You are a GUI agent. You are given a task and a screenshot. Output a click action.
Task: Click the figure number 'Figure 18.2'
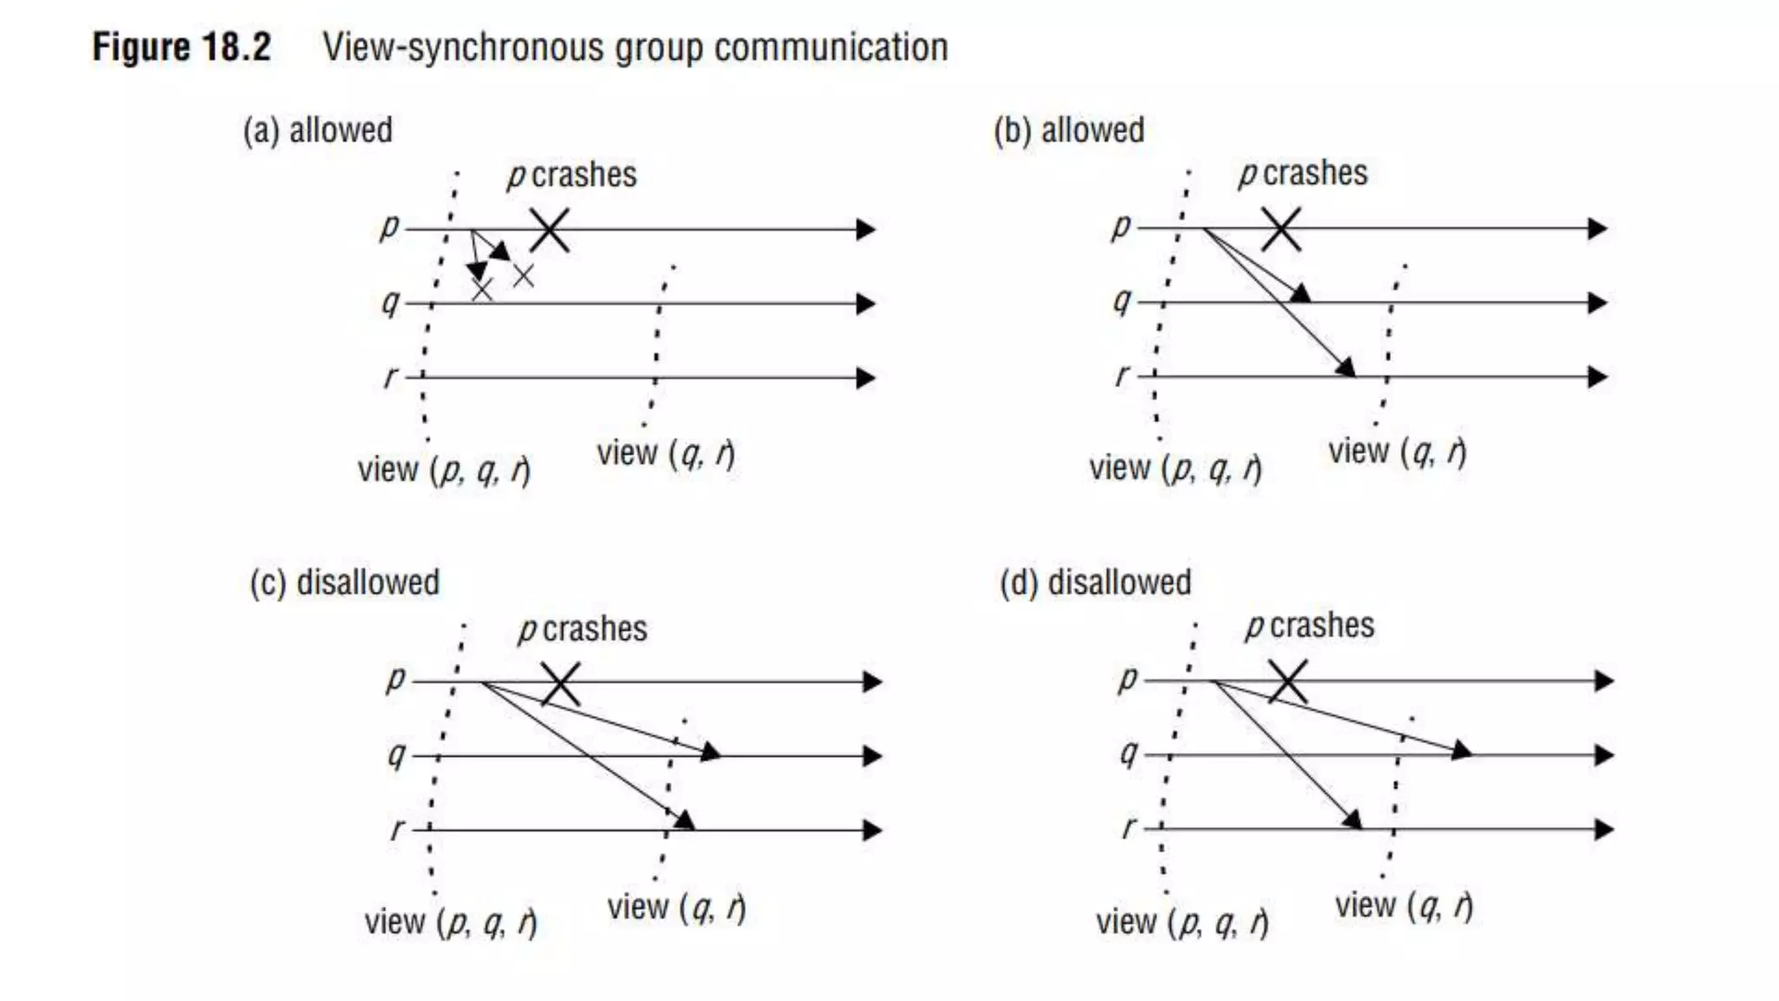click(182, 47)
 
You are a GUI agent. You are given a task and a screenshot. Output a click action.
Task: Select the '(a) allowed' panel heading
click(318, 130)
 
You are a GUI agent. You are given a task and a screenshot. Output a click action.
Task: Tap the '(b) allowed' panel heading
click(1069, 130)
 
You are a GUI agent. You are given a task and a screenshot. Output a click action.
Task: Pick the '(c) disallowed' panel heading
click(345, 582)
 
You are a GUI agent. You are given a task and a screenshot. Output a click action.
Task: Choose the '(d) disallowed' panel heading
click(1095, 582)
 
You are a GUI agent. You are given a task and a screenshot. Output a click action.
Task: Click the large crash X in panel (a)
click(550, 230)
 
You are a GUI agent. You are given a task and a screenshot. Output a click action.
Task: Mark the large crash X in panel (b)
click(1281, 229)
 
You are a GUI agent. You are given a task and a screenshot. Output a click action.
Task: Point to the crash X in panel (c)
click(560, 684)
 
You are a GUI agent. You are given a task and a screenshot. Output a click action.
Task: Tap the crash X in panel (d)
click(1287, 681)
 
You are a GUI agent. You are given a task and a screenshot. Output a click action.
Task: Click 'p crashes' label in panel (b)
click(1303, 174)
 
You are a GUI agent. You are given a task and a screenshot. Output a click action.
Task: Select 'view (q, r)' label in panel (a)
click(665, 454)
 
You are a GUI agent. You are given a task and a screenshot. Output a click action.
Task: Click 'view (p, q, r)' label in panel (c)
click(450, 922)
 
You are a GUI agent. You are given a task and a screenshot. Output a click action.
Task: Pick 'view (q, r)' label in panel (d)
click(1404, 906)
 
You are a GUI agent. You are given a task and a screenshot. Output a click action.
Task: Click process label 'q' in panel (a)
click(391, 302)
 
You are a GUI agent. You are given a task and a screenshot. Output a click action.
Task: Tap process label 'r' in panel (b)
click(1122, 375)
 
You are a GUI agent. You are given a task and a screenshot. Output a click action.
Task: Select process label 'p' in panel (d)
click(1127, 678)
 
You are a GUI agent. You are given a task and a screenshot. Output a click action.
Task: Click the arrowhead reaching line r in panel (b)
click(1346, 368)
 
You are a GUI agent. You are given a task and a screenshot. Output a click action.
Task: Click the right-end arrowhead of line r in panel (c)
click(872, 830)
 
